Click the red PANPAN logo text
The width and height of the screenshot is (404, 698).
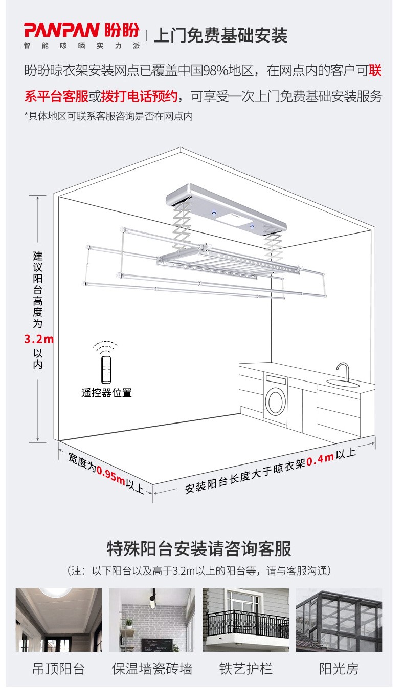tap(62, 30)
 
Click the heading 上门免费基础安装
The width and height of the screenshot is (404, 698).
tap(220, 35)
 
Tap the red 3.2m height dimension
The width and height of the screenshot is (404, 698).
tap(39, 339)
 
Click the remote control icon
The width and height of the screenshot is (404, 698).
tap(106, 369)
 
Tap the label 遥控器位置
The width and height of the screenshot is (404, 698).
tap(106, 393)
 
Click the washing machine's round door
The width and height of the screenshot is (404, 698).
tap(276, 403)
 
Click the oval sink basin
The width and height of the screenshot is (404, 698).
tap(343, 383)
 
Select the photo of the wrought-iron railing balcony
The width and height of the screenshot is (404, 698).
tap(245, 620)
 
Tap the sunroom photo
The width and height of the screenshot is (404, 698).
tap(339, 620)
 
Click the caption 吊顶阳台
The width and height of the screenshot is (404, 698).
tap(59, 669)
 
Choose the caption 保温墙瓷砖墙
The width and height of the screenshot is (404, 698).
tap(152, 669)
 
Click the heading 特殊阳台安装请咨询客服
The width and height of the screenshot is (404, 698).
tap(199, 548)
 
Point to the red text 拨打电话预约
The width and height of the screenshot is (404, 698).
tap(139, 96)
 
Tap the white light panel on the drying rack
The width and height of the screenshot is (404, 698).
tap(232, 218)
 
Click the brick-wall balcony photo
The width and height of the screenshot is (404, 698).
tap(152, 620)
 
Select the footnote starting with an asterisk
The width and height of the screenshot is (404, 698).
tap(108, 116)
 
